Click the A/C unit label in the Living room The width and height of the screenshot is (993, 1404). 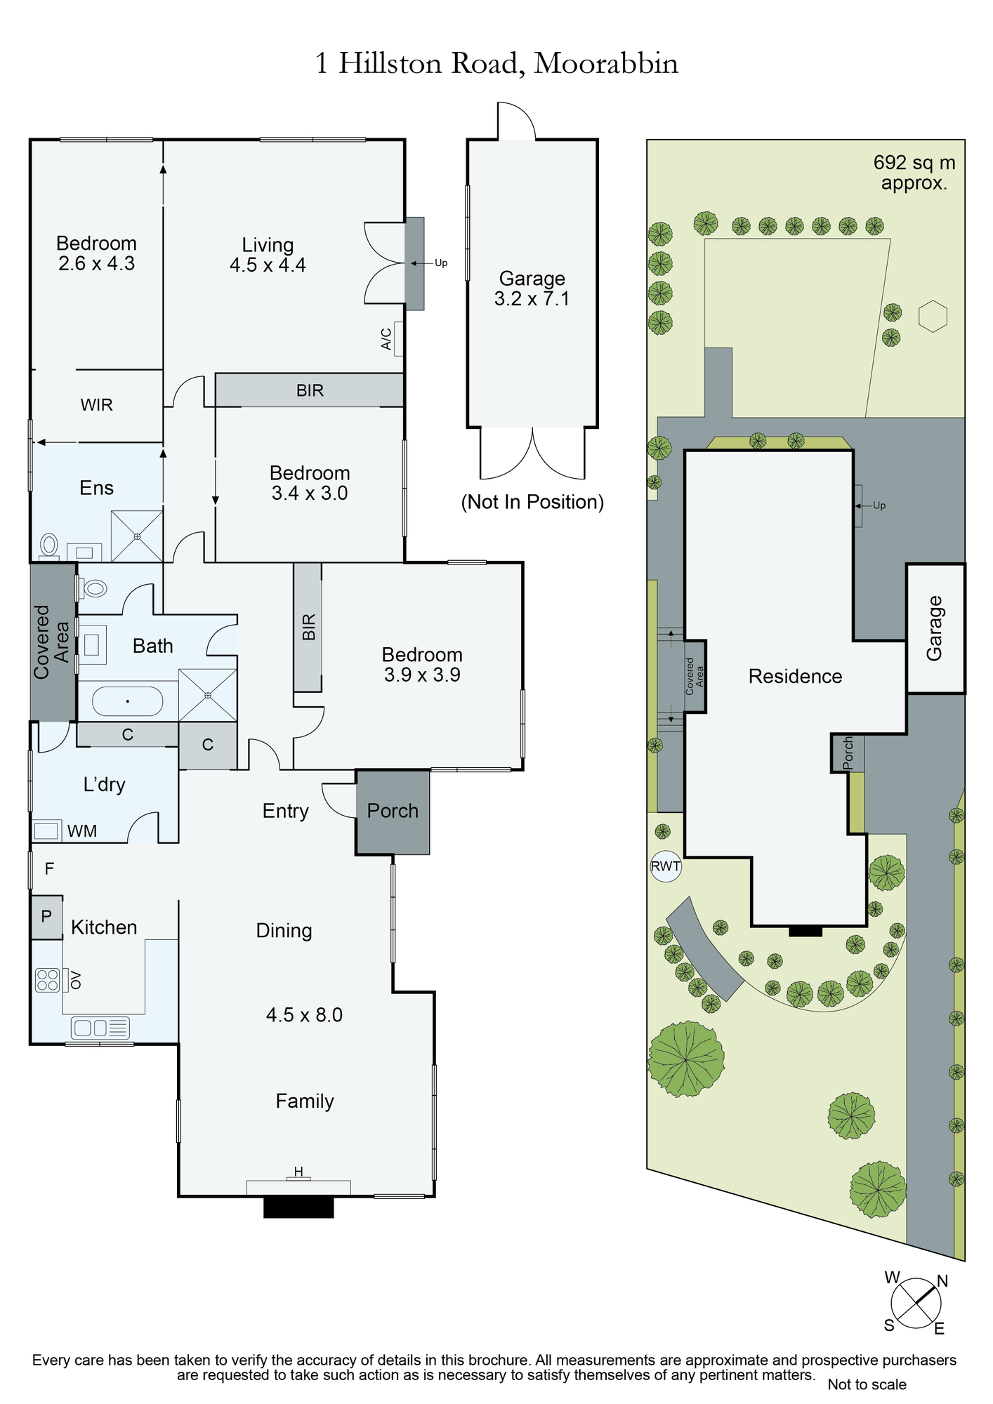point(386,339)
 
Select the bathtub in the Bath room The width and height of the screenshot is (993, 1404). point(127,701)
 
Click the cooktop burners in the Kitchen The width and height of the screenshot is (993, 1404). point(47,980)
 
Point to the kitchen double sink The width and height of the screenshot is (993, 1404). point(100,1028)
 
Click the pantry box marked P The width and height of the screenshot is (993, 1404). point(46,917)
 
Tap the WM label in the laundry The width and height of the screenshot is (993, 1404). point(82,831)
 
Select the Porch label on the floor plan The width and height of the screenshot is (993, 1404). point(393,811)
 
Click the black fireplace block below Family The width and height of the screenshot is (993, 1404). point(298,1207)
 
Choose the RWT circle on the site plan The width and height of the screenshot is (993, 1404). point(665,866)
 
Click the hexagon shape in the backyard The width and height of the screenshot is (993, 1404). point(933,317)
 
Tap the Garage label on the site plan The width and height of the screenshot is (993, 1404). point(935,628)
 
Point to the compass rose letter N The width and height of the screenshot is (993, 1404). point(942,1280)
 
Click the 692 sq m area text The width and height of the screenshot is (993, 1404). point(914,164)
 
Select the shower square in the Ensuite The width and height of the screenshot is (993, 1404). point(137,536)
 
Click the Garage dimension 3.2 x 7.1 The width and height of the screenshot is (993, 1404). point(532,299)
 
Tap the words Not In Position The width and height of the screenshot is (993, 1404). point(532,502)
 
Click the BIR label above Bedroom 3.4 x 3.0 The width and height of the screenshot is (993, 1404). point(310,390)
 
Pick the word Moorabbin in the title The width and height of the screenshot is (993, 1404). point(606,63)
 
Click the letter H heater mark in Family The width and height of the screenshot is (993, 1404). point(298,1172)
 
